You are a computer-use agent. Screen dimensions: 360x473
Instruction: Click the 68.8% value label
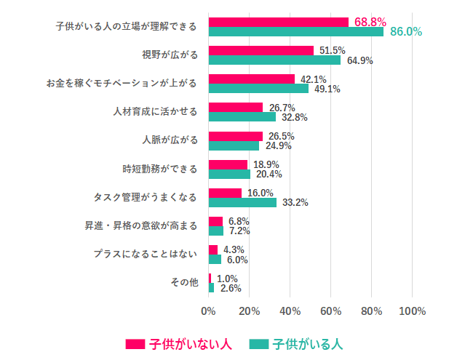370,22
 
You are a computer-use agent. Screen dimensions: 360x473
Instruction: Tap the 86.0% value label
406,32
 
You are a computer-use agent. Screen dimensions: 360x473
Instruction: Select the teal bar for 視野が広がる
274,60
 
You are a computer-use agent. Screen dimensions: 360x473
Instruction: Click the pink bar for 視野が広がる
261,50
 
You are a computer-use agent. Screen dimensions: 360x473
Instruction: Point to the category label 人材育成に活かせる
156,112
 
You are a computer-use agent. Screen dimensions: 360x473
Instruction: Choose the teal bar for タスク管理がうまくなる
242,202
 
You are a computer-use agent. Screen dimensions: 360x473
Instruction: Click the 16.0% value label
260,193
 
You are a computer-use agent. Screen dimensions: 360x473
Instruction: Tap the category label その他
183,282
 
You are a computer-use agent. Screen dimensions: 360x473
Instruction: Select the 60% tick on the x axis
330,311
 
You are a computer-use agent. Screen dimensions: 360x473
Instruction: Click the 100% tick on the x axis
412,311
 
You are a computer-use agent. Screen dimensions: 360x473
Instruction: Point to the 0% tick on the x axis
208,311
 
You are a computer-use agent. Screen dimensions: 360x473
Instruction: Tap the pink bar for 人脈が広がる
235,136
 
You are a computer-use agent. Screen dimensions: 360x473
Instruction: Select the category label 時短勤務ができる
159,169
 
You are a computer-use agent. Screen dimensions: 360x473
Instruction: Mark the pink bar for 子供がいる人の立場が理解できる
278,22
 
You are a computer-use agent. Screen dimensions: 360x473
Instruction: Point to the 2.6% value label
230,288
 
